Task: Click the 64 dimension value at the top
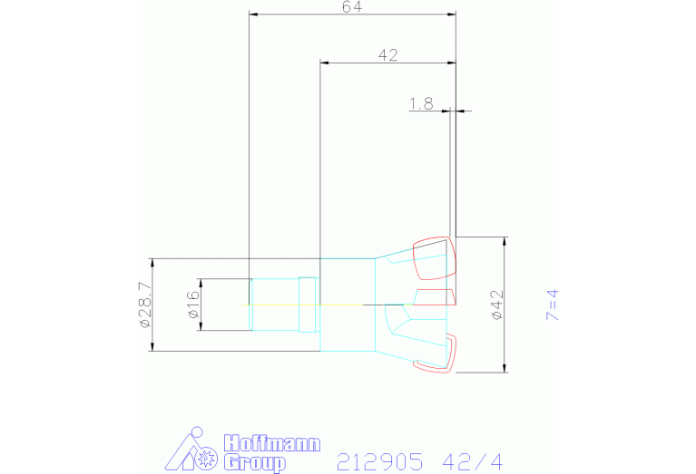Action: pos(352,6)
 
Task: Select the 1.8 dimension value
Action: pos(421,103)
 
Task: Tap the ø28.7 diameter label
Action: pos(145,305)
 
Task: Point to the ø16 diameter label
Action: pos(193,305)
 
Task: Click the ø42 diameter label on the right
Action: pos(497,305)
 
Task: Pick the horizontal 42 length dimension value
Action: pos(388,55)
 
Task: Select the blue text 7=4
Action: pos(553,305)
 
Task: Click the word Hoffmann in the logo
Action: pos(271,444)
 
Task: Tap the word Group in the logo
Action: pos(255,463)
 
